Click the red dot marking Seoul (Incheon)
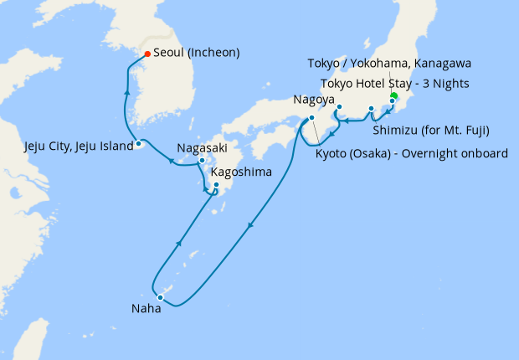pos(147,54)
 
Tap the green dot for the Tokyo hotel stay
pos(393,96)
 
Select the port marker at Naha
pos(160,296)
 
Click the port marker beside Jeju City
pos(139,145)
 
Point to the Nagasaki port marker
pos(202,159)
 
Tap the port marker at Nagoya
pos(340,106)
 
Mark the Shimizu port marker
pos(371,109)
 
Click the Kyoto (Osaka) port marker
pos(311,118)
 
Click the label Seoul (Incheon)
pos(197,53)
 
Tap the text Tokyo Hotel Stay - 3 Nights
pos(394,83)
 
